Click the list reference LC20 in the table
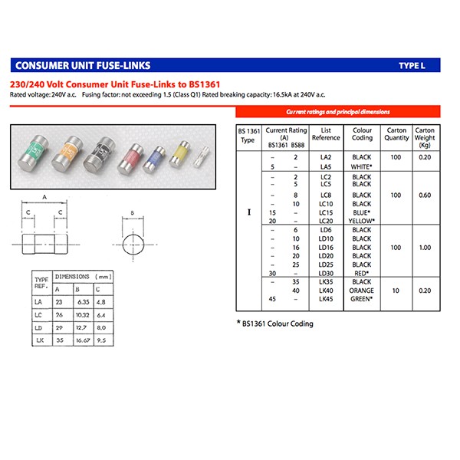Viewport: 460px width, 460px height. pos(326,220)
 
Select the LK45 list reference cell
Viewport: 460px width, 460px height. pos(326,299)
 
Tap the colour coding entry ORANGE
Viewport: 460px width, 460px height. pos(361,291)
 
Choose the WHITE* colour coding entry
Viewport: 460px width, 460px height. pos(361,166)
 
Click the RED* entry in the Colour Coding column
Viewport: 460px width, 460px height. pos(361,274)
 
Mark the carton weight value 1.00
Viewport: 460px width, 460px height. pos(424,248)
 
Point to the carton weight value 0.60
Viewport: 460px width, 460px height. pos(424,195)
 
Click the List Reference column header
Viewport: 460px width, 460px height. pos(326,134)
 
